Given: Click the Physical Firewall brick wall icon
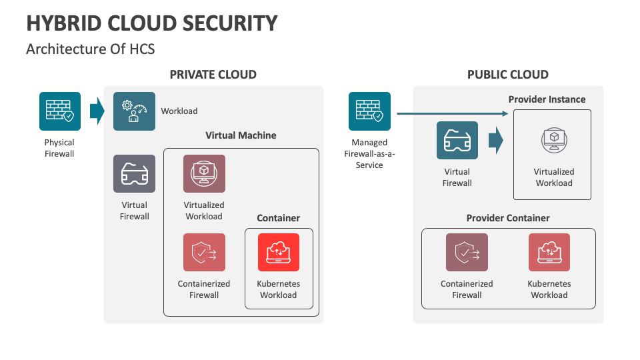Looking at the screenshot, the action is point(60,111).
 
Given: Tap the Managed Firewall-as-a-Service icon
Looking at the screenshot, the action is point(369,111).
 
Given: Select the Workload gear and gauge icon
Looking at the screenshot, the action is point(134,111).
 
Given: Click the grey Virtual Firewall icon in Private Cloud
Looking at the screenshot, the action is point(134,173).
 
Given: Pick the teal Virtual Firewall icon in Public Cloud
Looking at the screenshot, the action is point(457,140).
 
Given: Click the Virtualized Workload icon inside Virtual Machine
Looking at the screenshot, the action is point(204,173).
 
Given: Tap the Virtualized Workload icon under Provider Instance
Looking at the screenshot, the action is point(554,140).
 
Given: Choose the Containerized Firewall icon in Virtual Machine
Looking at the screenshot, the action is point(204,252).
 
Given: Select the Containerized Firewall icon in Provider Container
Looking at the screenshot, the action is point(467,252).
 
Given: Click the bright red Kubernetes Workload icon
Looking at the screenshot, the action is point(279,252).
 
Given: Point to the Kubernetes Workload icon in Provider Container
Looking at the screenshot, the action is point(549,252).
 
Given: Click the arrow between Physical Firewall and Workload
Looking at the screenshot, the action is point(97,111).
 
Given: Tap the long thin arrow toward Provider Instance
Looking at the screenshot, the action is point(453,113).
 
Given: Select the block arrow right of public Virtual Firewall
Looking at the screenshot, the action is point(496,140).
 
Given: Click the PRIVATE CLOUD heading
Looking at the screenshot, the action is point(213,75).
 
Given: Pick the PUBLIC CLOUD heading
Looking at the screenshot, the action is point(508,75).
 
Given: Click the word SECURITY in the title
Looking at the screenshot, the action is point(230,23).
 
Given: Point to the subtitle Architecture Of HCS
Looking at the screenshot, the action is point(91,49).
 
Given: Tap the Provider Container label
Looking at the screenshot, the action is point(508,218).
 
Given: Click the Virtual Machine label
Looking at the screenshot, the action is point(241,135).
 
